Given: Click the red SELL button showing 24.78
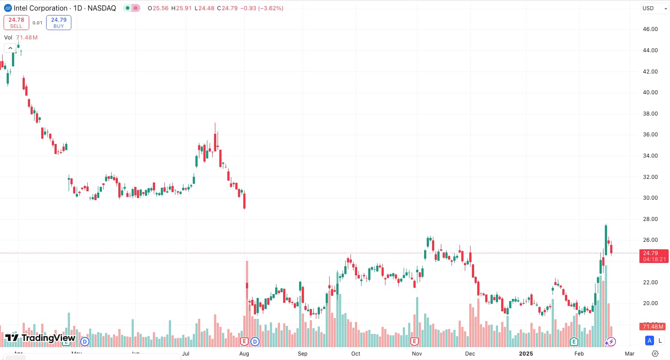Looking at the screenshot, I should [x=16, y=23].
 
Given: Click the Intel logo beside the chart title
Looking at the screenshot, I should [x=8, y=8].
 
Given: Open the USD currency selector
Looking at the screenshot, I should [x=653, y=8].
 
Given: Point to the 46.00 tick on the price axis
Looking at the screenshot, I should [x=650, y=29].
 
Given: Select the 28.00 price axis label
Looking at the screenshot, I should [x=650, y=219].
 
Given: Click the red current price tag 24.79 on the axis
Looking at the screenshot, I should [x=654, y=256].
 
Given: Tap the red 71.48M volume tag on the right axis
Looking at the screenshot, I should [x=653, y=326].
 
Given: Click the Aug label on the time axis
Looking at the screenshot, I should [x=244, y=353].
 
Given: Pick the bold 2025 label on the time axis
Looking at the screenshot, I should [x=526, y=353].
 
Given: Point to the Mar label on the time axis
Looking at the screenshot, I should [x=629, y=353].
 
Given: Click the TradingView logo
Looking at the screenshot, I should [x=40, y=338].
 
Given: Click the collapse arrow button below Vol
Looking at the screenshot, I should [x=10, y=48].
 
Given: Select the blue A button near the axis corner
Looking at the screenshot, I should [x=650, y=341].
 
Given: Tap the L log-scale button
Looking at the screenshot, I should [x=660, y=341].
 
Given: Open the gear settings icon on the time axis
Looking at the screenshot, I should [x=655, y=353].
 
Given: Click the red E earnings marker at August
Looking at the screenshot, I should [x=244, y=341].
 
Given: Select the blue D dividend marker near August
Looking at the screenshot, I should [x=255, y=341].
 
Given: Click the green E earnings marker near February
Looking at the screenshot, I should [x=574, y=341].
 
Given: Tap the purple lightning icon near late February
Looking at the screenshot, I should [x=612, y=341].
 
